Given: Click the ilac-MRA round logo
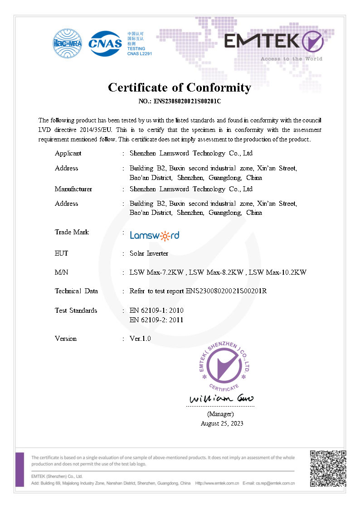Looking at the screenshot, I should pos(68,44).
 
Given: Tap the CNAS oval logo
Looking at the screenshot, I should pos(105,44).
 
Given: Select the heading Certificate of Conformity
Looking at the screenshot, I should pos(180,87).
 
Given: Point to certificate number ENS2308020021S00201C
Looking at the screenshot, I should pos(187,101).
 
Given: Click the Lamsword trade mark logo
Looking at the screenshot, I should pos(154,235).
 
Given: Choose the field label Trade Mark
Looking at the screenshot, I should pos(72,232).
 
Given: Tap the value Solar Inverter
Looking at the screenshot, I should pos(149,253).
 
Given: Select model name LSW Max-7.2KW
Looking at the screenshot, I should pos(156,272).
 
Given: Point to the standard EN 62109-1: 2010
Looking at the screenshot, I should pos(156,310).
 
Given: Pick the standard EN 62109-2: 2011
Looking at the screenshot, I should pos(156,320).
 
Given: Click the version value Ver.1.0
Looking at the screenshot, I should pos(140,339).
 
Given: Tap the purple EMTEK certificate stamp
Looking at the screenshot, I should pos(225,366).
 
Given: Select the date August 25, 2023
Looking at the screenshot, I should pos(222,423).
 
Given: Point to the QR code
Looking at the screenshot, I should pos(328,468).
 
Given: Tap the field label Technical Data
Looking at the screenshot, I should pos(76,291).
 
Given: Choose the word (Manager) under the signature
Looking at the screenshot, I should pos(220,414).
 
